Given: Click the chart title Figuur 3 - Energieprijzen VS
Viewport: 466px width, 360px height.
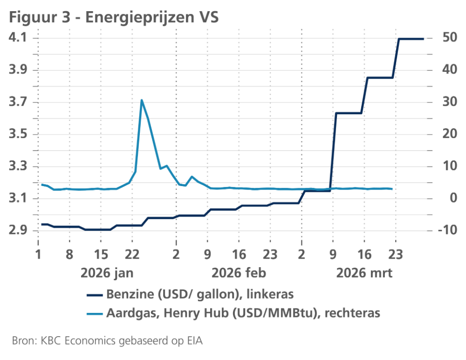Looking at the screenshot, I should click(x=114, y=18).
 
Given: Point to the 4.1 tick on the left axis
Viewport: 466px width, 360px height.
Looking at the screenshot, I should click(x=19, y=38).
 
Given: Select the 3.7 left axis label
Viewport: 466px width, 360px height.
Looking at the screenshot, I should click(x=19, y=103).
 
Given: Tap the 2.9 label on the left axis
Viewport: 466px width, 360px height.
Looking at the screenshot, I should click(x=19, y=231).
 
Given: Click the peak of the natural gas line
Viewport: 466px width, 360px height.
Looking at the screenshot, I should click(x=141, y=100).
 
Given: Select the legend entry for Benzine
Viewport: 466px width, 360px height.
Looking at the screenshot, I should click(x=189, y=294).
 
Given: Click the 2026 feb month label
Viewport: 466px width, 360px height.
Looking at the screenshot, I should click(x=239, y=273).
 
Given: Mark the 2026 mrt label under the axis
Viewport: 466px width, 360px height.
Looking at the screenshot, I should click(x=365, y=273).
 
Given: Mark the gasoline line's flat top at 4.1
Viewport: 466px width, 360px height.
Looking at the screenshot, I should click(x=411, y=39).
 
